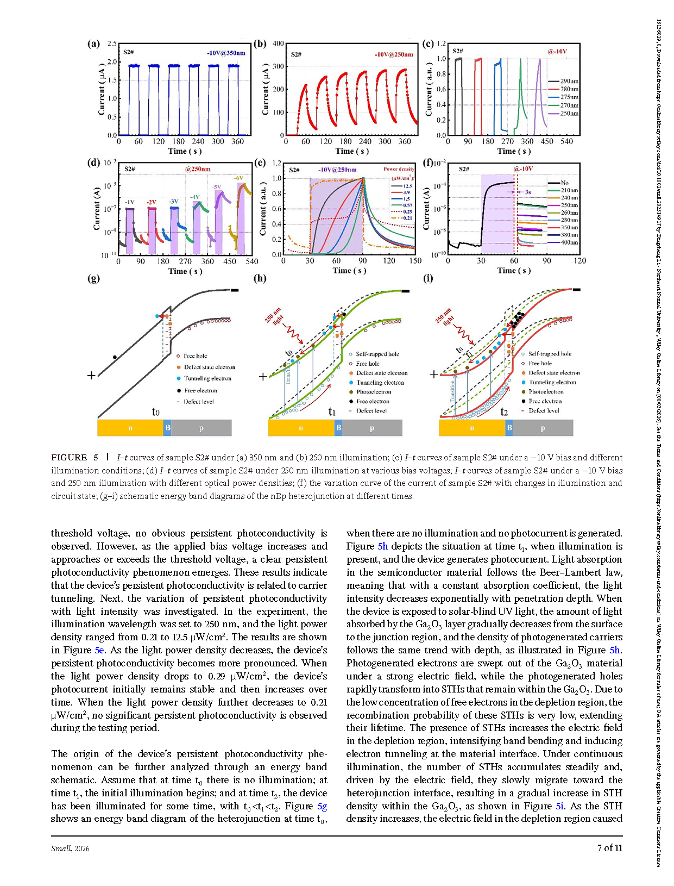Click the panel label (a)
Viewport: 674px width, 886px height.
[x=93, y=44]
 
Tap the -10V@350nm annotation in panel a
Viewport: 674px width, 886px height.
[x=225, y=53]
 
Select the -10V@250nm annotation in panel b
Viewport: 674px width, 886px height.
[x=393, y=54]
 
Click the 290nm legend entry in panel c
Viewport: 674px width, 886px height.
[x=569, y=81]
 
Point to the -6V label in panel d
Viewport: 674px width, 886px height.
[x=238, y=178]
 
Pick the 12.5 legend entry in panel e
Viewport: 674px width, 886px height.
[x=407, y=186]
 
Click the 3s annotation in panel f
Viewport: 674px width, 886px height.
[x=527, y=192]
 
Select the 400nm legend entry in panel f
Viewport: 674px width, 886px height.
[x=569, y=242]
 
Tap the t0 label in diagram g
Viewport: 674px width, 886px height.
[x=156, y=412]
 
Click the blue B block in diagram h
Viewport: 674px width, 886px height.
[x=338, y=428]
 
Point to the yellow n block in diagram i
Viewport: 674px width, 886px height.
[x=471, y=428]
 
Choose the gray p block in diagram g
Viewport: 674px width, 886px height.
[x=201, y=428]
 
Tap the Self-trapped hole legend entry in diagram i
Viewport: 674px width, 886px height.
[x=550, y=354]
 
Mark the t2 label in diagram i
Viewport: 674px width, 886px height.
[x=504, y=412]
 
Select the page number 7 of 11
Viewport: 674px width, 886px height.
[x=609, y=848]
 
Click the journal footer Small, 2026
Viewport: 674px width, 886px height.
[x=70, y=848]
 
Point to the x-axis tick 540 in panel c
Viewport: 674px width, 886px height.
[x=566, y=141]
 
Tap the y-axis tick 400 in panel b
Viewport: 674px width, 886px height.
[x=278, y=43]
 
